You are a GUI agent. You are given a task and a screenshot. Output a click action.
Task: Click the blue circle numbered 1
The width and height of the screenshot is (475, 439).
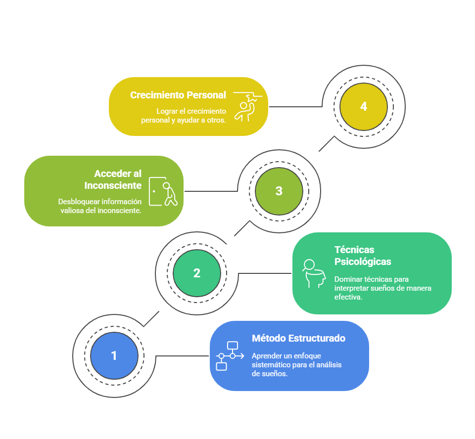114,356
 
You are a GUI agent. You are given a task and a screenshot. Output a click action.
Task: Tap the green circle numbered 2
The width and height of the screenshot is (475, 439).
197,273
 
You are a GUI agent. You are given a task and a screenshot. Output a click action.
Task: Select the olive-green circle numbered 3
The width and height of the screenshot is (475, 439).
279,191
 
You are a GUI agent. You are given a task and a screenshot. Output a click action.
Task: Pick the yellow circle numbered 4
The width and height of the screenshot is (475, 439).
364,107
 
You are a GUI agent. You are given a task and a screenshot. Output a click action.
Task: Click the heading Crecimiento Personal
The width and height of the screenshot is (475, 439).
178,95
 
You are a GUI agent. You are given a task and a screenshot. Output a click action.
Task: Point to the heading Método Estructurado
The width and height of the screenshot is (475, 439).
298,338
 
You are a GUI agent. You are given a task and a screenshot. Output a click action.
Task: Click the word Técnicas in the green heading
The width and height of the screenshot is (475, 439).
354,250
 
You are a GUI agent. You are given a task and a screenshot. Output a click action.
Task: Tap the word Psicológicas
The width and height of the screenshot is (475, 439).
363,262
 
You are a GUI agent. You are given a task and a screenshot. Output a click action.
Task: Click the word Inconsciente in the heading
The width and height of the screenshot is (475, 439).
113,185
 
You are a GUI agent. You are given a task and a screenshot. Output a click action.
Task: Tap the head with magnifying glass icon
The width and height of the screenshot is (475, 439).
314,273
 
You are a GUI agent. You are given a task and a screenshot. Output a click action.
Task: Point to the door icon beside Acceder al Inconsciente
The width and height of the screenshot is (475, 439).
163,191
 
